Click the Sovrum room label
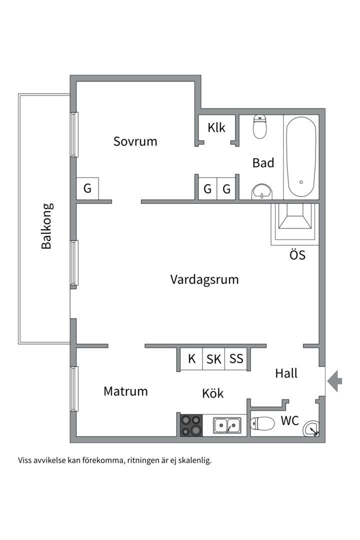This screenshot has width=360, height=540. pyautogui.click(x=135, y=141)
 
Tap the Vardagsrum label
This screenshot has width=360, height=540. pyautogui.click(x=204, y=279)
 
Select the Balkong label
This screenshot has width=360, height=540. pyautogui.click(x=47, y=226)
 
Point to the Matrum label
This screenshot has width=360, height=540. pyautogui.click(x=125, y=391)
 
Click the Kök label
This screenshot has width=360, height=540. pyautogui.click(x=212, y=393)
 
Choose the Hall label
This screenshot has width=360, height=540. pyautogui.click(x=286, y=373)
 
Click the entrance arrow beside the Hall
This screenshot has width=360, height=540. pyautogui.click(x=334, y=381)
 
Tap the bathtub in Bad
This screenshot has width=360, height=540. pyautogui.click(x=301, y=157)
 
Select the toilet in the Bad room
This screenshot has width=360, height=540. pyautogui.click(x=260, y=127)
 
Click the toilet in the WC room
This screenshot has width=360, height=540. pyautogui.click(x=263, y=424)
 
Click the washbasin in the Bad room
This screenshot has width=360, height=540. pyautogui.click(x=262, y=191)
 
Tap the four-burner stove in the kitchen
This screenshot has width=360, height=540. pyautogui.click(x=191, y=425)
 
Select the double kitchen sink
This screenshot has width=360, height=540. pyautogui.click(x=227, y=425)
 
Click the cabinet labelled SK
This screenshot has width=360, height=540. pyautogui.click(x=214, y=359)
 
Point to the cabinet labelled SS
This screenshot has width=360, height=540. pyautogui.click(x=236, y=359)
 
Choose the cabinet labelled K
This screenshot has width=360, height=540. pyautogui.click(x=191, y=359)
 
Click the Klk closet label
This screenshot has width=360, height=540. pyautogui.click(x=216, y=128)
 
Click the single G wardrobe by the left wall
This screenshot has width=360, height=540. pyautogui.click(x=87, y=189)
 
